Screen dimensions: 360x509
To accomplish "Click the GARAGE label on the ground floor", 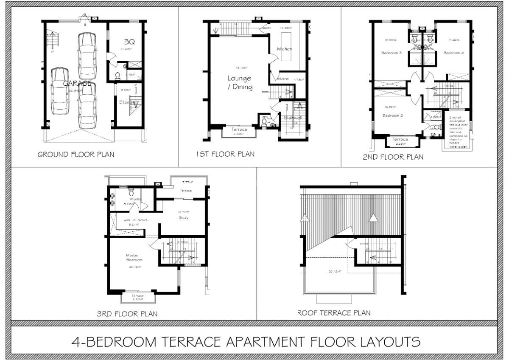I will [x=77, y=84].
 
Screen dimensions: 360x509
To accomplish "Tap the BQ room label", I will [x=129, y=42].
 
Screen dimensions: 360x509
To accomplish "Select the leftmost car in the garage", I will [x=60, y=91].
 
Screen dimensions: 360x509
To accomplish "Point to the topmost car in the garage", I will [x=87, y=55].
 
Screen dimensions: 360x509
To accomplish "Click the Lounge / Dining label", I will [x=239, y=83].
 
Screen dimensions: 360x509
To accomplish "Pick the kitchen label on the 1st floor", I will [x=284, y=49].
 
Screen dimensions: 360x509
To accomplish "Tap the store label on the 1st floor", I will [x=283, y=79].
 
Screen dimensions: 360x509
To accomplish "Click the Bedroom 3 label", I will [x=392, y=53].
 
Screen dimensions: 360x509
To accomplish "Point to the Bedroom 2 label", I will [x=392, y=115].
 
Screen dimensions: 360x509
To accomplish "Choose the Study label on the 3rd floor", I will [x=183, y=218].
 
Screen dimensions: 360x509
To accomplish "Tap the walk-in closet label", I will [x=133, y=220].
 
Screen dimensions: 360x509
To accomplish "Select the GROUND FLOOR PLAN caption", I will [x=76, y=155].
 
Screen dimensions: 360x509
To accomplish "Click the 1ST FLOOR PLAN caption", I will [x=225, y=154].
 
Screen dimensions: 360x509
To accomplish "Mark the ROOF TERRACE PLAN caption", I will [x=333, y=313].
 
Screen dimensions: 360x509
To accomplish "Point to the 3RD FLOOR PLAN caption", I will [x=127, y=314].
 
